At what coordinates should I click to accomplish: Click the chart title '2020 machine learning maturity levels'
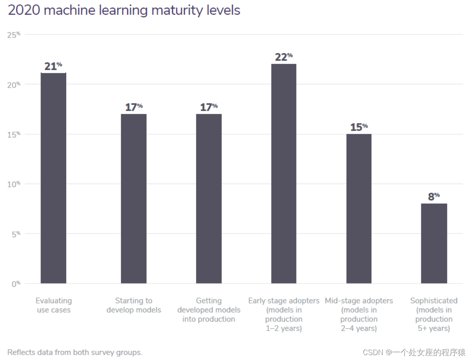click(124, 10)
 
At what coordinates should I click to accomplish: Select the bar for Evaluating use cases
click(53, 178)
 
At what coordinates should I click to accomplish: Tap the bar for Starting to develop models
click(133, 198)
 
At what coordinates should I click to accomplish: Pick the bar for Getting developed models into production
click(209, 198)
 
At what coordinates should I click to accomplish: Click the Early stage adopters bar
click(283, 173)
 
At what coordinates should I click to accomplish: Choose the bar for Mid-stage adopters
click(359, 209)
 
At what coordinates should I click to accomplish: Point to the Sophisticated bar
click(434, 243)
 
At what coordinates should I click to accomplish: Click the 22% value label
click(283, 57)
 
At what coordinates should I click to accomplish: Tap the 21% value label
click(53, 66)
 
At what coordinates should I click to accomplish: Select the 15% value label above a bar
click(359, 127)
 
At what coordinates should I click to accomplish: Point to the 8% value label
click(434, 197)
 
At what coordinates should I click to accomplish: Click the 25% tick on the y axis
click(13, 35)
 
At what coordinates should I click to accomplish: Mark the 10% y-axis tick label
click(13, 184)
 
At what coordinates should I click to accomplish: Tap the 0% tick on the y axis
click(16, 283)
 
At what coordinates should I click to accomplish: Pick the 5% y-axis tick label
click(16, 234)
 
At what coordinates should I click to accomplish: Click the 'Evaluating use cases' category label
click(54, 305)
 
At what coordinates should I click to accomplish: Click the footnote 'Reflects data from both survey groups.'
click(75, 352)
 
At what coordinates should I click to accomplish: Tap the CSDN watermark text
click(414, 352)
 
